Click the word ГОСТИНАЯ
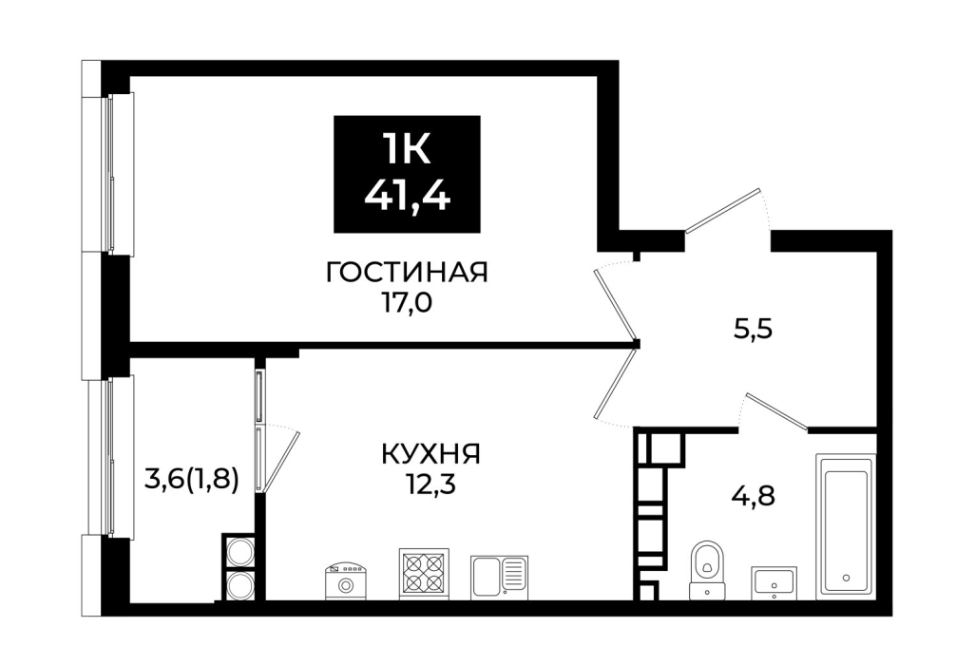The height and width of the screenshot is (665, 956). click(x=408, y=272)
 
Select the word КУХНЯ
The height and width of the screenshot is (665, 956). click(x=431, y=454)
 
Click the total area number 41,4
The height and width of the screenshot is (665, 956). click(x=408, y=195)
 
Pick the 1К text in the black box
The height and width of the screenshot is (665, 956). click(x=407, y=149)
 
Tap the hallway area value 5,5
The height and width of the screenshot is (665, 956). click(x=753, y=330)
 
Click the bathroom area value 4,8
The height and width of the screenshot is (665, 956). click(x=753, y=496)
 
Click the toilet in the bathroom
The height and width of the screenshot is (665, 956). click(x=707, y=570)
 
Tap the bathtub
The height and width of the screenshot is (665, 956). click(x=846, y=525)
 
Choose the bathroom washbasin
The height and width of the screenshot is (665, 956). click(x=774, y=582)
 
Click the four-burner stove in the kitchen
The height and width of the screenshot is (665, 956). click(x=424, y=574)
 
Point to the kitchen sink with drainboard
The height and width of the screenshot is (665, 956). click(x=499, y=578)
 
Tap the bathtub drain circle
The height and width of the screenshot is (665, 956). click(x=846, y=578)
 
